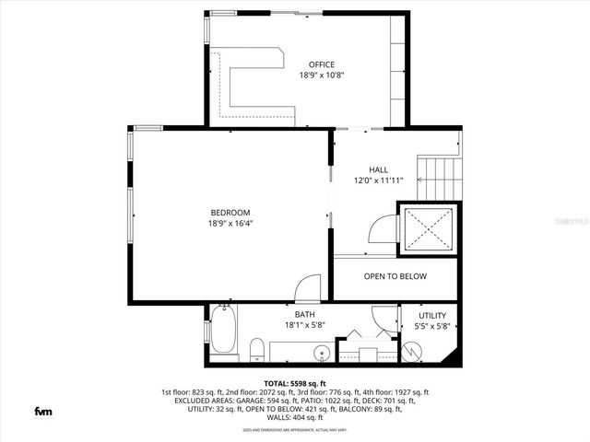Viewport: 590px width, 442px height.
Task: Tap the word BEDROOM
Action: tap(230, 212)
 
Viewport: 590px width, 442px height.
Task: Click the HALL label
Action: tap(378, 169)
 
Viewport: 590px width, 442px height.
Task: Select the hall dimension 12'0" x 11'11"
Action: tap(378, 181)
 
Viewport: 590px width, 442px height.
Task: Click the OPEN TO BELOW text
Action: tap(395, 276)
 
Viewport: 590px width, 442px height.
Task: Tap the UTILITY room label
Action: tap(432, 315)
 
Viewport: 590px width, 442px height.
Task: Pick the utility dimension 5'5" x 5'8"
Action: tap(432, 326)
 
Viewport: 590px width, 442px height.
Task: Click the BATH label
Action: tap(304, 314)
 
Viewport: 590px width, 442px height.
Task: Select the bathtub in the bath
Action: tap(224, 333)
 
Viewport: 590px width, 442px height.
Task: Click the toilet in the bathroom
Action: tap(258, 350)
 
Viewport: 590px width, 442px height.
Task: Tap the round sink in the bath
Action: tap(322, 353)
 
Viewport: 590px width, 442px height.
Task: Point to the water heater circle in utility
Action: tap(411, 352)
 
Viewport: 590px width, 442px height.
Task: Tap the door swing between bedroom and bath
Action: tap(311, 286)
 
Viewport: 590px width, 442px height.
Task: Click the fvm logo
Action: tap(42, 411)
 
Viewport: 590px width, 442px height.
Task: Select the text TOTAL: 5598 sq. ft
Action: tap(295, 382)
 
